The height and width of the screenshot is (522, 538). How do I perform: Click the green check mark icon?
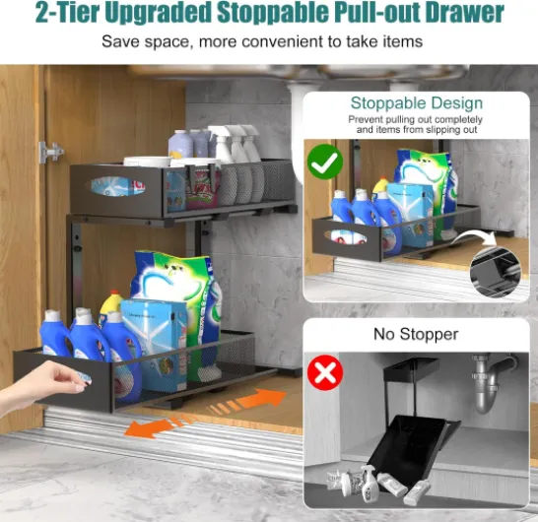click(324, 162)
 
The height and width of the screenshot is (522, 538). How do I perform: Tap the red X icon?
click(325, 372)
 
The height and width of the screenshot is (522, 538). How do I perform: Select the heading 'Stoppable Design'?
click(417, 102)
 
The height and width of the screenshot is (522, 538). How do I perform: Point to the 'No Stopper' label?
click(416, 334)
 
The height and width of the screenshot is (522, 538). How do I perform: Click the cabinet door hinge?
click(51, 151)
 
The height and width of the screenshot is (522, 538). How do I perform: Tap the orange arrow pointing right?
click(247, 401)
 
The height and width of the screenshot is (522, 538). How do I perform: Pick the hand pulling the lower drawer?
click(43, 382)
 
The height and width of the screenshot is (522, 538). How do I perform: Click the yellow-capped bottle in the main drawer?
click(110, 306)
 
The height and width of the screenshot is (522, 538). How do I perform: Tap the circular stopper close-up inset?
click(495, 272)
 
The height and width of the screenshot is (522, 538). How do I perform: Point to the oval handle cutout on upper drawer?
click(117, 187)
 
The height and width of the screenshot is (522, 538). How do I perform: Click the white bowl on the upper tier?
click(148, 162)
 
